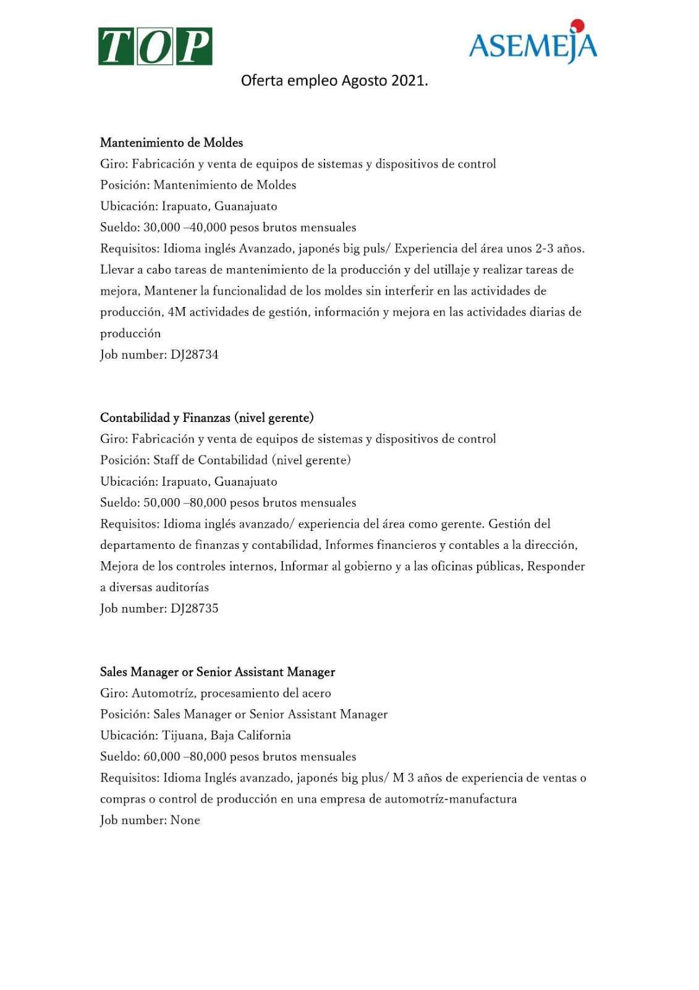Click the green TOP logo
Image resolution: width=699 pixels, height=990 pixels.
pyautogui.click(x=155, y=46)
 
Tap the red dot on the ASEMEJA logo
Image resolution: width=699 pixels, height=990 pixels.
pyautogui.click(x=577, y=25)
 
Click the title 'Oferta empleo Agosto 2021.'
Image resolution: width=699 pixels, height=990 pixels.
pyautogui.click(x=334, y=80)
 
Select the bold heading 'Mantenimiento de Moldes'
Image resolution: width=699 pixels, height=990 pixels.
pyautogui.click(x=171, y=143)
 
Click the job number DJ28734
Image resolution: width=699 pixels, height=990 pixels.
pyautogui.click(x=195, y=355)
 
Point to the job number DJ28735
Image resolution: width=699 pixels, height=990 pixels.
pyautogui.click(x=195, y=608)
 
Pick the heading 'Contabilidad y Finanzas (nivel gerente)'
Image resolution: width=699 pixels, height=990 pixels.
pyautogui.click(x=206, y=418)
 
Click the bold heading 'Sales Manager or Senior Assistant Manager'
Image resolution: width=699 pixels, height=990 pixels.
pyautogui.click(x=217, y=672)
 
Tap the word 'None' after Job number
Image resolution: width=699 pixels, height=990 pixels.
pyautogui.click(x=185, y=820)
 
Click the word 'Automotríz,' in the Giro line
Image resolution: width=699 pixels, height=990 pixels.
pyautogui.click(x=163, y=693)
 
